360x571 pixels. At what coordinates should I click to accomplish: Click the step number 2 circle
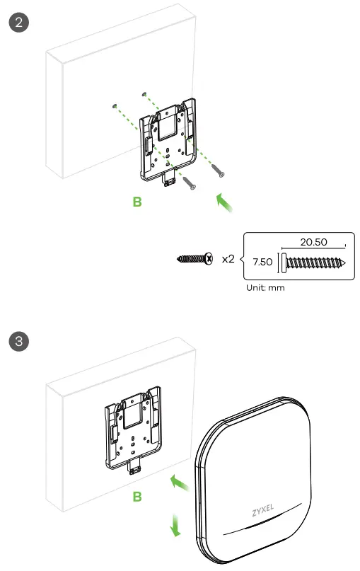coord(18,21)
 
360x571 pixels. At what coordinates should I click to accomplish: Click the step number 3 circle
coord(18,343)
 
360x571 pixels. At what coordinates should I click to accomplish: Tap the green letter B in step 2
coord(137,202)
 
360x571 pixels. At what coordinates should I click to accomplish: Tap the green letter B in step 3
coord(137,497)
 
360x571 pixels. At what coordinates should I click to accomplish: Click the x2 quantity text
coord(228,259)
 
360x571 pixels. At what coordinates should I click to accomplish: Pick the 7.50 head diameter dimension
coord(263,262)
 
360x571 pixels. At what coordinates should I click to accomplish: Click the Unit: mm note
coord(265,288)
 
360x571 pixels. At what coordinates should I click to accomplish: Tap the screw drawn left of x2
coord(194,260)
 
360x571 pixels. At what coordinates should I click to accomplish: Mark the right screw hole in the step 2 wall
coord(144,93)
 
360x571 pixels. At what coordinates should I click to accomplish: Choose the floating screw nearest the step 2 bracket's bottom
coord(190,183)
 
